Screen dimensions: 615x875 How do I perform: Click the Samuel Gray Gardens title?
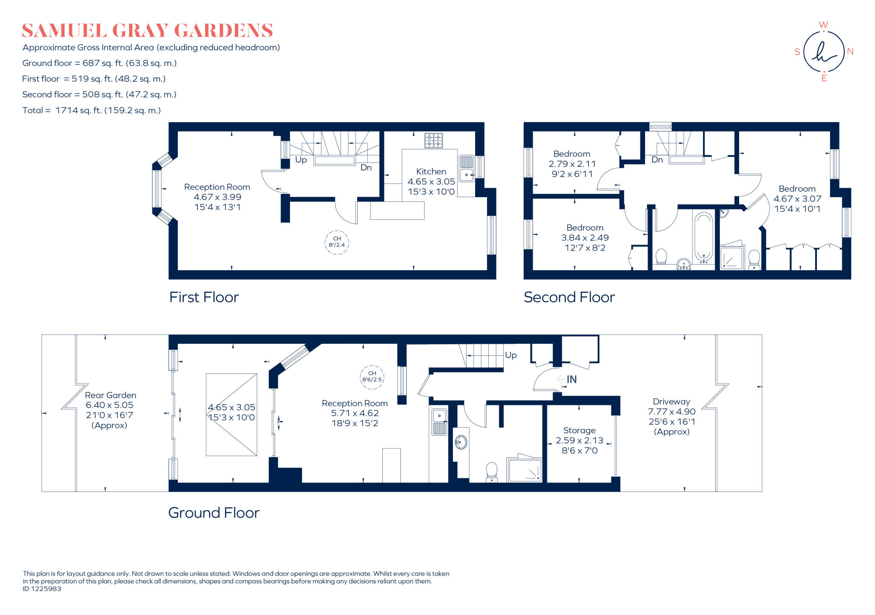(x=147, y=31)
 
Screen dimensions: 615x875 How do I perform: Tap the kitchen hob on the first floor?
(x=433, y=140)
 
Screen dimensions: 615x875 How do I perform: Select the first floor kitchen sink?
(x=466, y=169)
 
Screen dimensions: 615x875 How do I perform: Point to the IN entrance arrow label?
(x=571, y=379)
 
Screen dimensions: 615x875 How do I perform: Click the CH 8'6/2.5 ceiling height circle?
(x=372, y=377)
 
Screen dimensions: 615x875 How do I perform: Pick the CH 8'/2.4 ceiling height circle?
(x=337, y=242)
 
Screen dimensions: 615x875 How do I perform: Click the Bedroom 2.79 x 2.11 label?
(x=572, y=164)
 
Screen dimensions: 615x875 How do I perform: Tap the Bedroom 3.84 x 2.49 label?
(x=584, y=237)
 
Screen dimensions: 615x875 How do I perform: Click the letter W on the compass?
(x=823, y=25)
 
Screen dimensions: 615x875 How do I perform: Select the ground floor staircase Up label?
(x=511, y=355)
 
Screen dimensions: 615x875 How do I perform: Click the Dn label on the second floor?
(x=657, y=160)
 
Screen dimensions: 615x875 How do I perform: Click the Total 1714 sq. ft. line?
(x=91, y=110)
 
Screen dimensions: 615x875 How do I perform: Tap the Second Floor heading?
(x=569, y=297)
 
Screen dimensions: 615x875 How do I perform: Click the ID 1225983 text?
(x=42, y=589)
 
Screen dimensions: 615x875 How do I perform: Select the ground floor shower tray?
(x=525, y=470)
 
